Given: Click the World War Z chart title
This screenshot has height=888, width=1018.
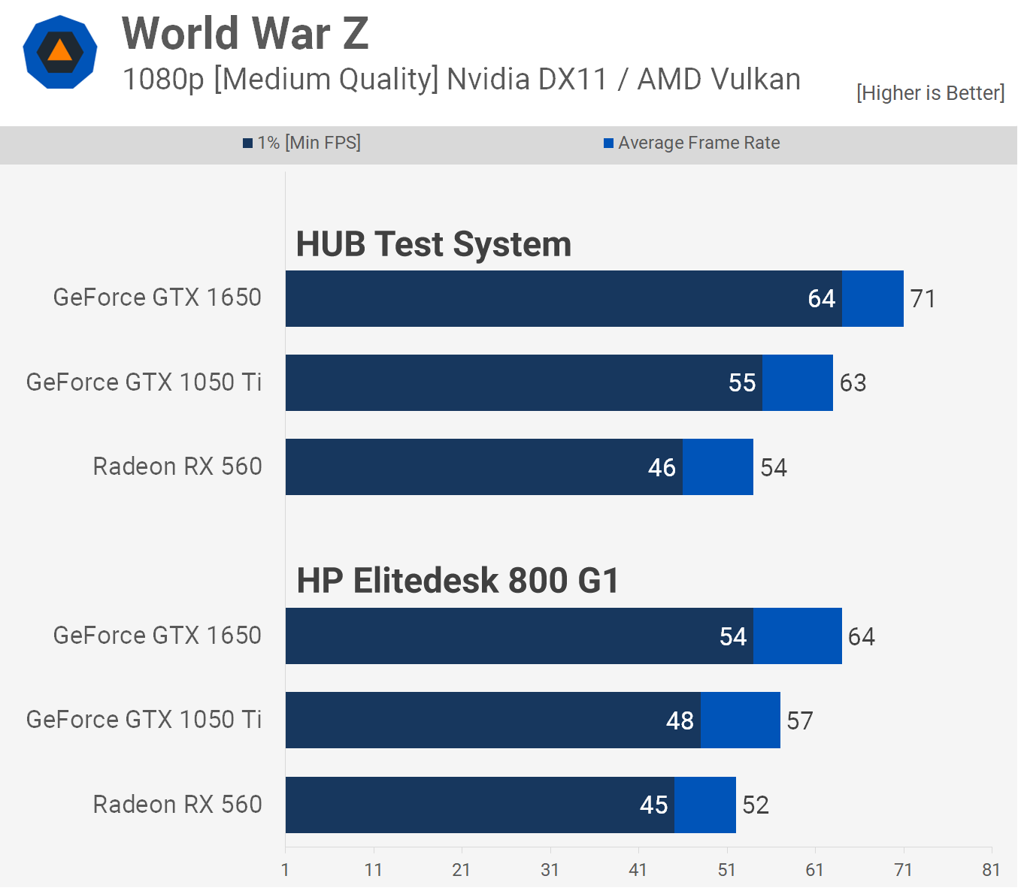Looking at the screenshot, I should click(245, 34).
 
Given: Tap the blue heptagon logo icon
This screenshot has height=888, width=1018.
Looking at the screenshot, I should click(60, 53).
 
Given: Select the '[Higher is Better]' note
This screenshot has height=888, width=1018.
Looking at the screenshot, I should click(930, 92).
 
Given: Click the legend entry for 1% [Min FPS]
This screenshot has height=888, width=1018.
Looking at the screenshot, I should click(301, 143).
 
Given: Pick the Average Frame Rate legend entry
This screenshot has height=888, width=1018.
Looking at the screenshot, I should click(692, 143).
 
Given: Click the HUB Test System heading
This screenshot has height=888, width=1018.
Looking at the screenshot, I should click(433, 244).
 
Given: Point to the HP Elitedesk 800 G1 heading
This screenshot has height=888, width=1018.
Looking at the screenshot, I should click(457, 581).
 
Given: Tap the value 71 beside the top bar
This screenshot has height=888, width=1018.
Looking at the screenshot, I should click(923, 299).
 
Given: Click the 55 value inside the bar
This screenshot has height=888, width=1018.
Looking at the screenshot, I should click(741, 383).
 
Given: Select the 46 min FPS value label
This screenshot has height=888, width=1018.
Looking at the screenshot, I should click(662, 467).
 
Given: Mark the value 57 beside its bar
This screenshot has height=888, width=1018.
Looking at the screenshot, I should click(799, 721).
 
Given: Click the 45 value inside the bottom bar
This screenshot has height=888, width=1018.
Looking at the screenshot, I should click(653, 805).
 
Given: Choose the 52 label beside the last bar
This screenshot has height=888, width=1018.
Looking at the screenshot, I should click(756, 805).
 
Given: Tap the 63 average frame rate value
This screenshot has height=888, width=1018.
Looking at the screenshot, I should click(853, 383).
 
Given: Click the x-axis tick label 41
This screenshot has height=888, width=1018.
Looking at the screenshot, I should click(638, 870).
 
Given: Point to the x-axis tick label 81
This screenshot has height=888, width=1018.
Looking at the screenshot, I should click(991, 870).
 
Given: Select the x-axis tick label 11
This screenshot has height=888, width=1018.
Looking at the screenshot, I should click(373, 870).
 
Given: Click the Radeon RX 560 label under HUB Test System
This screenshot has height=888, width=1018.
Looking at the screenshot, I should click(177, 467).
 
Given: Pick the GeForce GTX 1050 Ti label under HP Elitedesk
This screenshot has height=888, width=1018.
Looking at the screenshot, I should click(144, 720).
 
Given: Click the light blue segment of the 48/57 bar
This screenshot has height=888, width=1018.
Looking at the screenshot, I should click(740, 720).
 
